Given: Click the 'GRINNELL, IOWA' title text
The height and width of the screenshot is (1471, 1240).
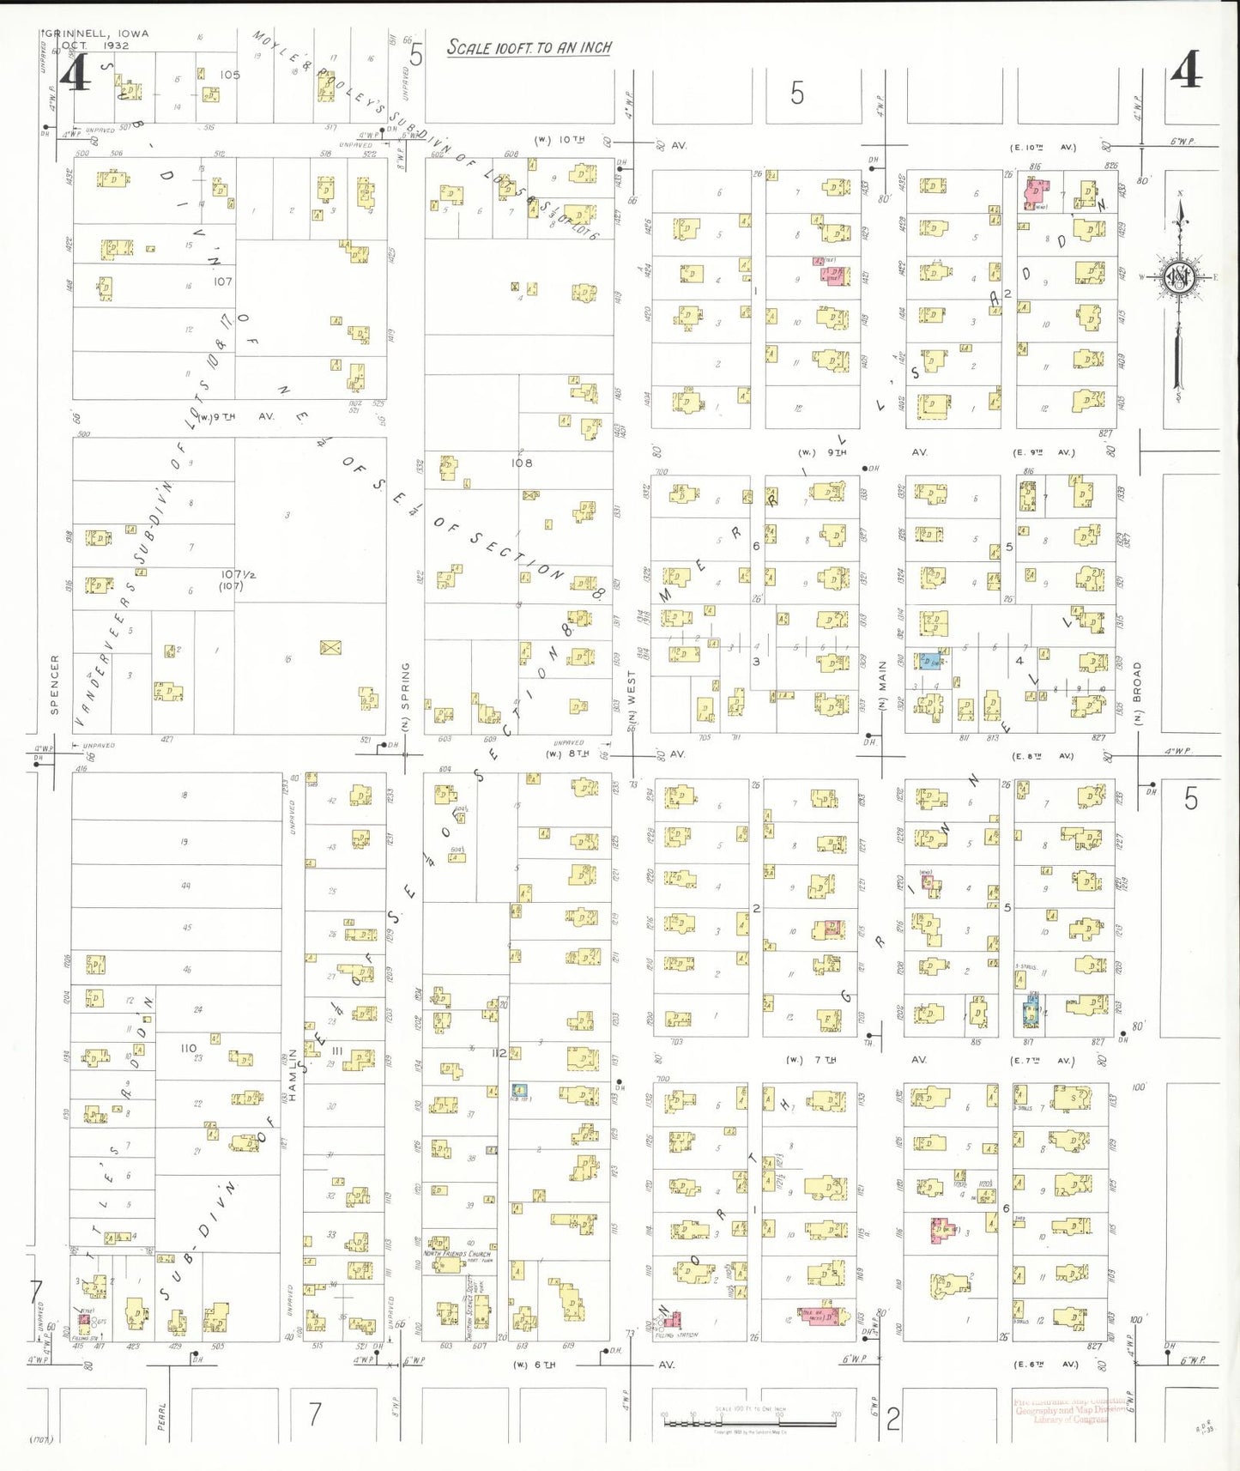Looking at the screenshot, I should pyautogui.click(x=97, y=33).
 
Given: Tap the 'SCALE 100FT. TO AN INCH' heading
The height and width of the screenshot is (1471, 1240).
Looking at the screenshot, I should pyautogui.click(x=529, y=48).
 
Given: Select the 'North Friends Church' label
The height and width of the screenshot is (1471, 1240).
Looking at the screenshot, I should pyautogui.click(x=457, y=1254).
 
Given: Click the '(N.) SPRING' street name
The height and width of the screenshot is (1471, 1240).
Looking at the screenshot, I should pyautogui.click(x=406, y=696).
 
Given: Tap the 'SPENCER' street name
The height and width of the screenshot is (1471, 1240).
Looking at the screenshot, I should pyautogui.click(x=55, y=684).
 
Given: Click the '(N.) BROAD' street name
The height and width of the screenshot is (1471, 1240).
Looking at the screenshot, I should pyautogui.click(x=1138, y=693).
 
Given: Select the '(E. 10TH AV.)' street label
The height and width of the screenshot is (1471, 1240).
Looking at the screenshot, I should pyautogui.click(x=1043, y=148).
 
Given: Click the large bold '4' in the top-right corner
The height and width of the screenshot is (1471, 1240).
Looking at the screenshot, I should pyautogui.click(x=1187, y=70).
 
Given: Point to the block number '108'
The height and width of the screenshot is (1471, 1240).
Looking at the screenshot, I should pyautogui.click(x=522, y=463).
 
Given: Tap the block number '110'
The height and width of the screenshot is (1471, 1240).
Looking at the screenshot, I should pyautogui.click(x=189, y=1048).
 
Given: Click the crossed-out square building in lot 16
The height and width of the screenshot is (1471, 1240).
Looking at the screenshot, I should pyautogui.click(x=330, y=647).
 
